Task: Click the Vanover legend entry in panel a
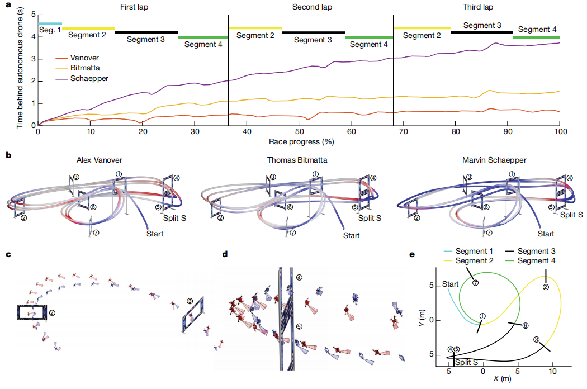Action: click(x=77, y=58)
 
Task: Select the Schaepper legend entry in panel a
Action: click(x=82, y=79)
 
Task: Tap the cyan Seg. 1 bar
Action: click(x=50, y=23)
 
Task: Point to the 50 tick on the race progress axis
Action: click(x=299, y=131)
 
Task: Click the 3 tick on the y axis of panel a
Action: click(x=34, y=59)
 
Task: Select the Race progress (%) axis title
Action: click(x=301, y=141)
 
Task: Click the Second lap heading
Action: click(x=312, y=7)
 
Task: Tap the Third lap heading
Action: click(x=477, y=7)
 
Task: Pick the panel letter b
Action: click(x=8, y=155)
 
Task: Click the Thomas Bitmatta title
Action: click(x=297, y=160)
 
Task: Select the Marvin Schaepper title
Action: click(x=494, y=160)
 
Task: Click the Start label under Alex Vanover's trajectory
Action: click(x=155, y=234)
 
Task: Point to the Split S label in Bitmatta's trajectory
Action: click(x=370, y=218)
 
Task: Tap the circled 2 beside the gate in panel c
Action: click(x=52, y=312)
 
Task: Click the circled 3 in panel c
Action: click(x=190, y=301)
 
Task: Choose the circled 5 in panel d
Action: click(x=299, y=326)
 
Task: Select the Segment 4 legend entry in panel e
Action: click(x=531, y=260)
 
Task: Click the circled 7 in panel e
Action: click(x=475, y=283)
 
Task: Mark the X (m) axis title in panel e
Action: click(x=502, y=378)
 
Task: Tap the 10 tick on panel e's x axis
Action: click(x=552, y=371)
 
